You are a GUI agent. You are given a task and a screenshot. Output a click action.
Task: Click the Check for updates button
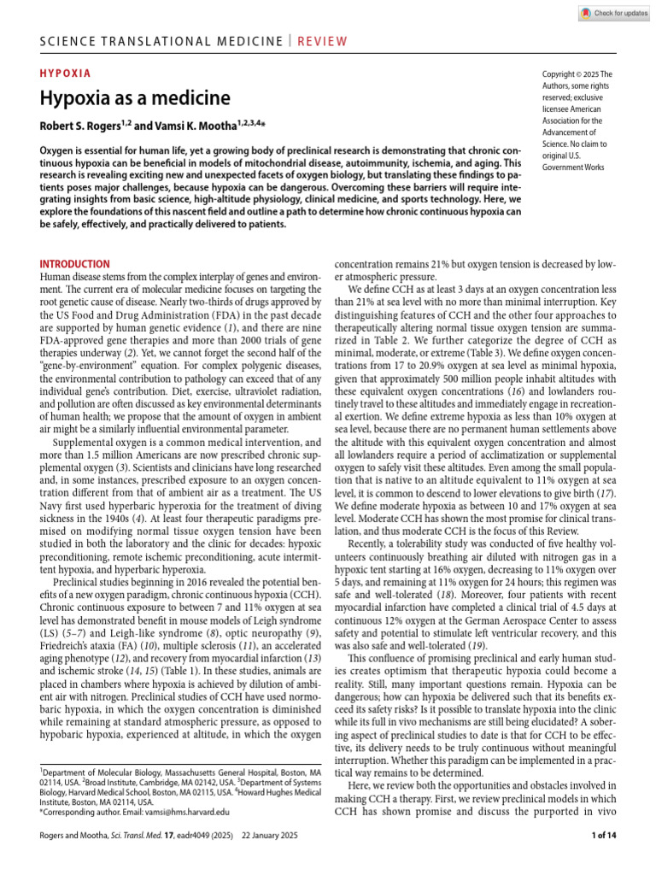point(613,13)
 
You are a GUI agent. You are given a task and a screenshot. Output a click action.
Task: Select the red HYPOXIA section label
point(66,73)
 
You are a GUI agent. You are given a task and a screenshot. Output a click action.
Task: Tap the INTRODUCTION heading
point(75,265)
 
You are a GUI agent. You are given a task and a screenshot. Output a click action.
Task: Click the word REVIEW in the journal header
point(322,41)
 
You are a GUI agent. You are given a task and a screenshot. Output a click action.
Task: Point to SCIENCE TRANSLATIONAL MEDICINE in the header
point(161,41)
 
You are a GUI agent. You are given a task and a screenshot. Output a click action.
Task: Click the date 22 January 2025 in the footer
point(290,835)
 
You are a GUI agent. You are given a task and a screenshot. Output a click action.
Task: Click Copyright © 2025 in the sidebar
point(572,74)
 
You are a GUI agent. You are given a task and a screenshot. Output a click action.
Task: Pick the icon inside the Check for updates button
point(585,13)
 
